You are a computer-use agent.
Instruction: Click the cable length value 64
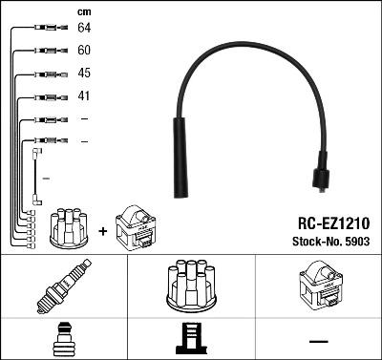coord(83,28)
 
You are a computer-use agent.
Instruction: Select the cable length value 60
coord(83,50)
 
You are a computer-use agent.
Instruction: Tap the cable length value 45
coord(83,73)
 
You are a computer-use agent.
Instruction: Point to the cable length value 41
coord(83,96)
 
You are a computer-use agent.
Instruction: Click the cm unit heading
coord(83,11)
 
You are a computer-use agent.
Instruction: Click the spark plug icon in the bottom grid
coord(63,287)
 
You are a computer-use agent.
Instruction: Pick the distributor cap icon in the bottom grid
coord(190,286)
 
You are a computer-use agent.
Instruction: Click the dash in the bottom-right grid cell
coord(318,339)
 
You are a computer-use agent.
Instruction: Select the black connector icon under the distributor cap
coord(190,338)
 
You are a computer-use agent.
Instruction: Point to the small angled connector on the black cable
coord(322,178)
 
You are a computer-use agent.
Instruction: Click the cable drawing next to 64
coord(46,28)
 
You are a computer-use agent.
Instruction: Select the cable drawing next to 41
coord(46,96)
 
